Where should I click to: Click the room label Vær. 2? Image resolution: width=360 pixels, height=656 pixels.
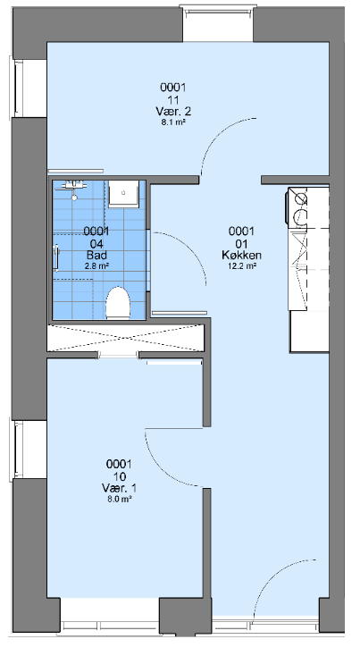172,112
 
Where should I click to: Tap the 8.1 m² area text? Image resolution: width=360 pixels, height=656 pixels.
173,123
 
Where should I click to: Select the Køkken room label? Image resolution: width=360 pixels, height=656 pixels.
242,255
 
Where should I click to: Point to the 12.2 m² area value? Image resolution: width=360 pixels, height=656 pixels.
242,265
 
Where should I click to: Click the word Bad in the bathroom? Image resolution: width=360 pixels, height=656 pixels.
96,255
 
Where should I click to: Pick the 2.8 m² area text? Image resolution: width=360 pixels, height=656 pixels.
96,265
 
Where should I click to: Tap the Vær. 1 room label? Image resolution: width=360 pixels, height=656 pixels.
119,488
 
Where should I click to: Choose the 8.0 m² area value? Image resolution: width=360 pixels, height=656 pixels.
119,499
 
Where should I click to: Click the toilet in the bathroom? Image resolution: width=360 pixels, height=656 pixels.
118,303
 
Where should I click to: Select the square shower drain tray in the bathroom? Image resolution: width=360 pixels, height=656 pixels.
123,194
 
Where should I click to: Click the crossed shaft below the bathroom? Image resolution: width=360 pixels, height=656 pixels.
125,338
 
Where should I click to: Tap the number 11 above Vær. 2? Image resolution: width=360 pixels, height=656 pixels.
173,99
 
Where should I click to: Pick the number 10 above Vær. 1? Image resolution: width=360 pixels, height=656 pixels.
119,476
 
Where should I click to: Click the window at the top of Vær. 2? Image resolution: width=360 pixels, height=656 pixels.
218,23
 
